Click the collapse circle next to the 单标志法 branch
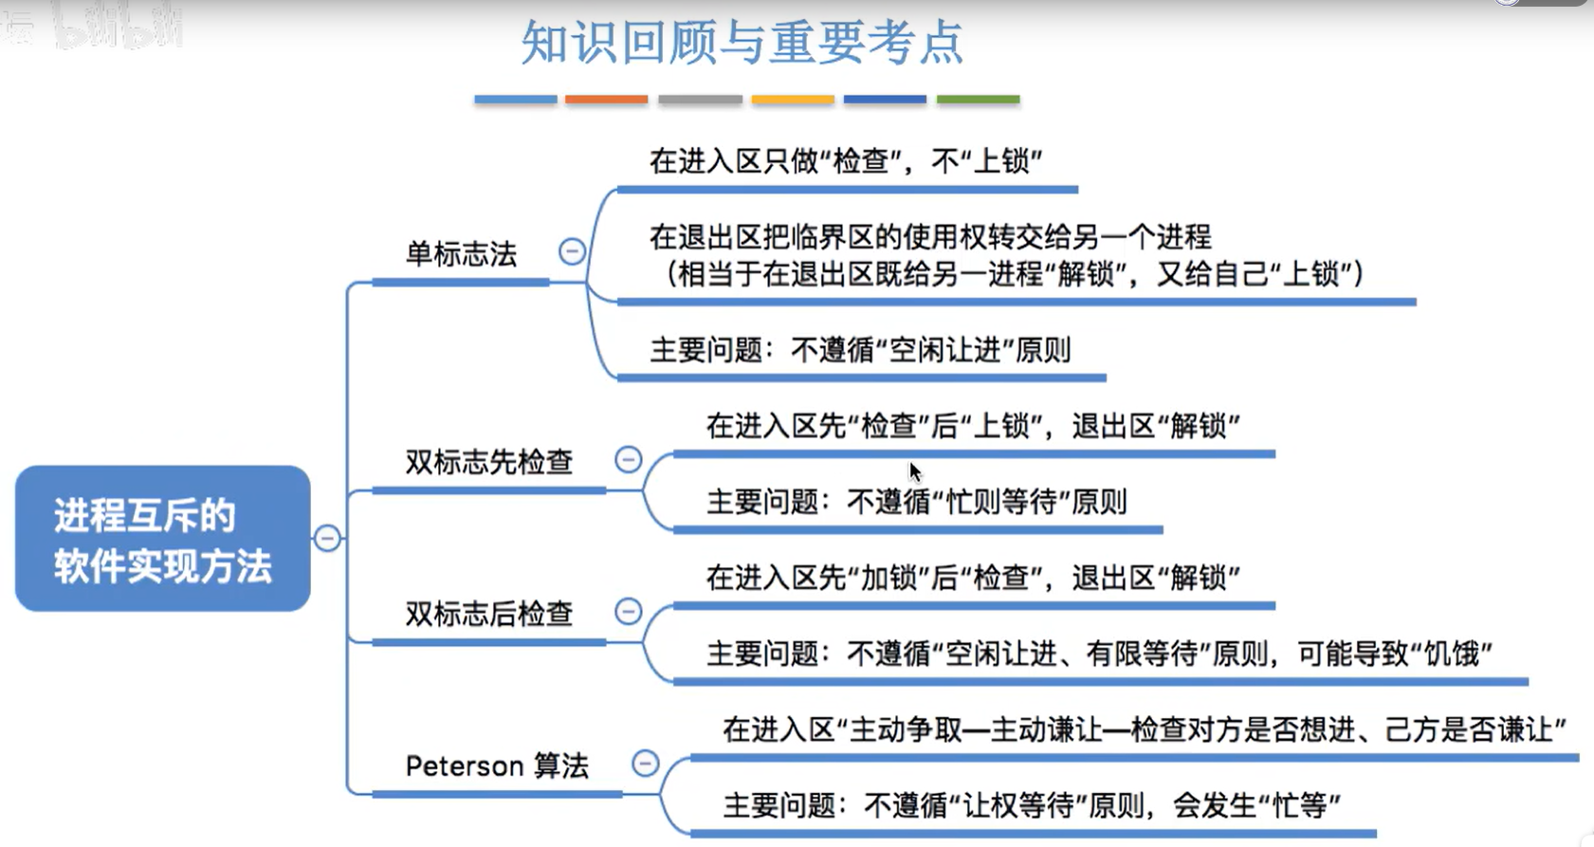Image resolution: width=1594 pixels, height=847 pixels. tap(572, 251)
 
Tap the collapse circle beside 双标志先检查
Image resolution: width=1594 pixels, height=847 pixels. tap(629, 459)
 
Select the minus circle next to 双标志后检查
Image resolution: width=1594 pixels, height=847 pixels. tap(629, 612)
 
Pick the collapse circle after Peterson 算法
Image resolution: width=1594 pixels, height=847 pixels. tap(646, 763)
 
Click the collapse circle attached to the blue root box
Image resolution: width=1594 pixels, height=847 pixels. tap(327, 538)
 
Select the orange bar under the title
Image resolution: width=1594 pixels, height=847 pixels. tap(606, 100)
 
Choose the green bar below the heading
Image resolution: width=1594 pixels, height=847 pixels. tap(979, 100)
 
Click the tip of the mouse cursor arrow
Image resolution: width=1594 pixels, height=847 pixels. tap(910, 462)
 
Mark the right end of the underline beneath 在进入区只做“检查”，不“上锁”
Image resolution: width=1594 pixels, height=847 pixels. tap(1077, 190)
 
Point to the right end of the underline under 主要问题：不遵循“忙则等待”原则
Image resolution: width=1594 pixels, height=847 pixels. tap(1162, 529)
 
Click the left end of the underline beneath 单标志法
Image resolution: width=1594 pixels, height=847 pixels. tap(373, 283)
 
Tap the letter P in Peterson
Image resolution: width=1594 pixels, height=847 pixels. tap(412, 765)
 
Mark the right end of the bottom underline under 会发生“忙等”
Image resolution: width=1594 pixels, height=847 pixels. tap(1376, 834)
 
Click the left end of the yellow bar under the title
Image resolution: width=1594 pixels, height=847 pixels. tap(753, 100)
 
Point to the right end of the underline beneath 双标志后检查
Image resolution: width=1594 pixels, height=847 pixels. tap(606, 643)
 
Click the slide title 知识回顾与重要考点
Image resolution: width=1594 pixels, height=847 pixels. tap(742, 43)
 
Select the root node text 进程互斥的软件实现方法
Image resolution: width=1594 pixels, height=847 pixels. tap(163, 541)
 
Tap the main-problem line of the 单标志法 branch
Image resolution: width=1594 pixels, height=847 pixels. tap(860, 350)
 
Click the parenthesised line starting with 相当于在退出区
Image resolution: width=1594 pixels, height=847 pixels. tap(1014, 274)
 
